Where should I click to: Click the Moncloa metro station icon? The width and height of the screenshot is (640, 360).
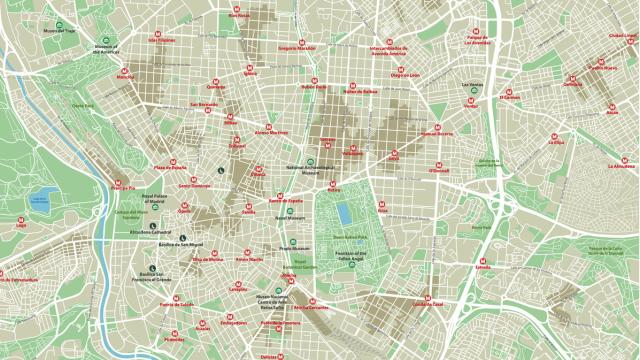[x=126, y=68]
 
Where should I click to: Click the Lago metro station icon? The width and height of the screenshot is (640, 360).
[x=22, y=217]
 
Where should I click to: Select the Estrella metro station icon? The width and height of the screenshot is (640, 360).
[x=485, y=260]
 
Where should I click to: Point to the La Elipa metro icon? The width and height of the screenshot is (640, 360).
[x=558, y=136]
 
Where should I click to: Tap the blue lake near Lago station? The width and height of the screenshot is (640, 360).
[x=43, y=197]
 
